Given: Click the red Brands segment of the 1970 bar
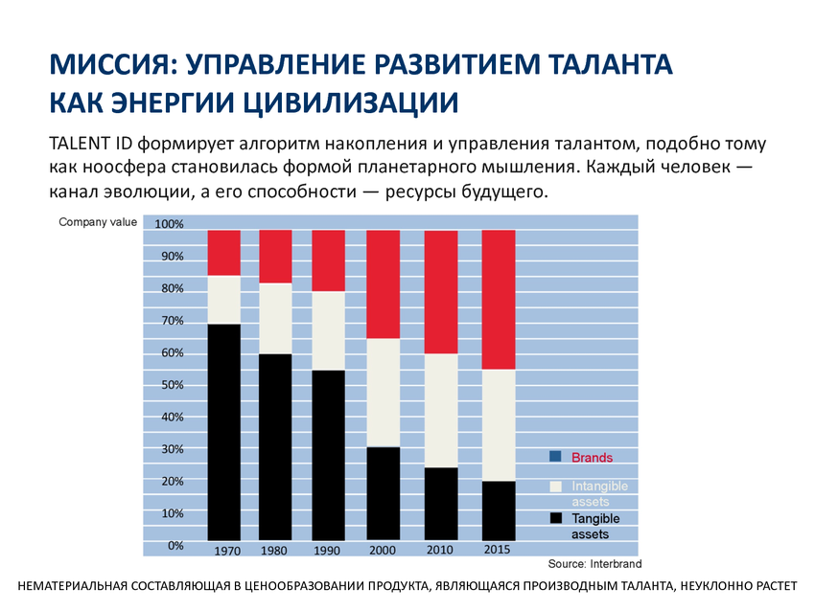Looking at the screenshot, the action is [224, 253].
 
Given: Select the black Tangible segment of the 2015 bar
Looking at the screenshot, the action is [499, 510].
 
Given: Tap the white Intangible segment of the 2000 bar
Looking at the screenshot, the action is [384, 393].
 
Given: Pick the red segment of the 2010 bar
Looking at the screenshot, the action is [441, 292].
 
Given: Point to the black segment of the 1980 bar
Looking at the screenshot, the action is [275, 447].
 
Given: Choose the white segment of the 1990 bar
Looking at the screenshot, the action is [328, 330].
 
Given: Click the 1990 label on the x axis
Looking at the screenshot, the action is [326, 551].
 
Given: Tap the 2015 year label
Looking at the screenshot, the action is [497, 549].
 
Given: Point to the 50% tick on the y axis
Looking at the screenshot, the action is [173, 385].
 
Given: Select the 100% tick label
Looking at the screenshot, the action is [170, 224].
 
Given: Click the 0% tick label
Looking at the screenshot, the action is [175, 546].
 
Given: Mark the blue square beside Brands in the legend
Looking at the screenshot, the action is [555, 456].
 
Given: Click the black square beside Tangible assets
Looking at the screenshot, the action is [555, 518].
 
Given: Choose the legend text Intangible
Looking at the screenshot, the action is [600, 487].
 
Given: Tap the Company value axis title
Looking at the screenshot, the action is [98, 222].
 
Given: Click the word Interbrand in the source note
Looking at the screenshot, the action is [616, 564].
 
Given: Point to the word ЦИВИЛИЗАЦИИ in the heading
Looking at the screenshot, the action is [350, 102].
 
